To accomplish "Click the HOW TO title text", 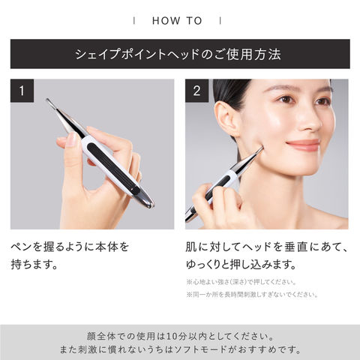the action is tap(177, 21).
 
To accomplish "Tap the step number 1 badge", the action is tap(22, 91).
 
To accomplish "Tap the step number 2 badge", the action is tap(196, 91).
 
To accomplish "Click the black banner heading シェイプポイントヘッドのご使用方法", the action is tap(178, 54).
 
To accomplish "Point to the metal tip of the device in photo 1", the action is tap(49, 100).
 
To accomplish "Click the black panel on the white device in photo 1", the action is tap(112, 168).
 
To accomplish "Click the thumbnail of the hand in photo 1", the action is tap(73, 138).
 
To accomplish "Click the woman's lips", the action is tap(303, 145).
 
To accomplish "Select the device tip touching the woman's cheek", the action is tap(261, 149).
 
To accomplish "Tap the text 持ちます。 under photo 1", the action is tap(34, 265).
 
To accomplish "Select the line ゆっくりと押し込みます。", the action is tap(241, 265).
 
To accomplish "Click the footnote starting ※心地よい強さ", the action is tap(241, 282).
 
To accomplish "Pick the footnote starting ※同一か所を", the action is tap(252, 295).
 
